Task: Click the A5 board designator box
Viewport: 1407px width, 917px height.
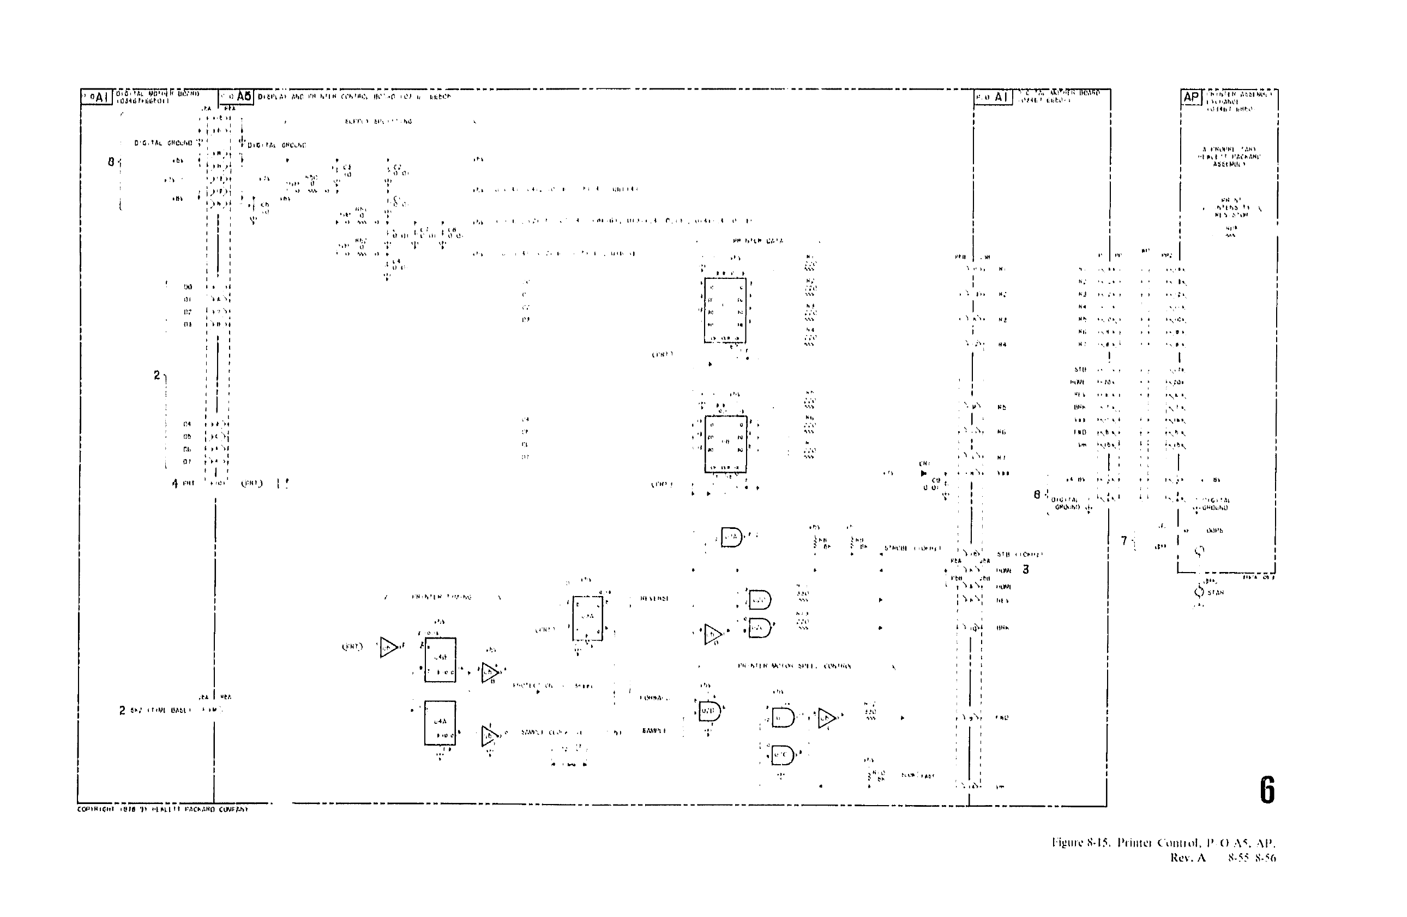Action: point(237,97)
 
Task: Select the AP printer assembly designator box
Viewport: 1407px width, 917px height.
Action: point(1191,97)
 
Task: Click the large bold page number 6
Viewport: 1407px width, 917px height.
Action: point(1266,790)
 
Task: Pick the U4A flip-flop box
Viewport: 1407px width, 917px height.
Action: point(440,723)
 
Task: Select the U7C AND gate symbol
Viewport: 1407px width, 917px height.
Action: point(782,755)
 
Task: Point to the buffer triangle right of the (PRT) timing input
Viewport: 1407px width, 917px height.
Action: point(388,647)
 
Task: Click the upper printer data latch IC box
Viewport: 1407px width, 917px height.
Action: point(725,310)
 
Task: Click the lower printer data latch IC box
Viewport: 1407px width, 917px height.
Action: point(725,444)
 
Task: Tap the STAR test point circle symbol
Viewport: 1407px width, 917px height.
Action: point(1199,592)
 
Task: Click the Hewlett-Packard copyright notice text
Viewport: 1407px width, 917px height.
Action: point(163,809)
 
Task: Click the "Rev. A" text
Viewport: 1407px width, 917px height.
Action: point(1188,858)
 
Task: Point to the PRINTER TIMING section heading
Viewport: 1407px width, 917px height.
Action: point(442,597)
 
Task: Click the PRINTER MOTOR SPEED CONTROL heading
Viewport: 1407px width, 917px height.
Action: point(794,666)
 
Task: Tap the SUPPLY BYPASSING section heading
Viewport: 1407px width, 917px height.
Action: point(378,121)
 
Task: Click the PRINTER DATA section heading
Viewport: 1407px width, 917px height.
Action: point(757,241)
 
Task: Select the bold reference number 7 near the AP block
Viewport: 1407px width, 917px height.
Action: point(1124,540)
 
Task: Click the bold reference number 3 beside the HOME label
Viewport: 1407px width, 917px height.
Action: point(1026,569)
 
